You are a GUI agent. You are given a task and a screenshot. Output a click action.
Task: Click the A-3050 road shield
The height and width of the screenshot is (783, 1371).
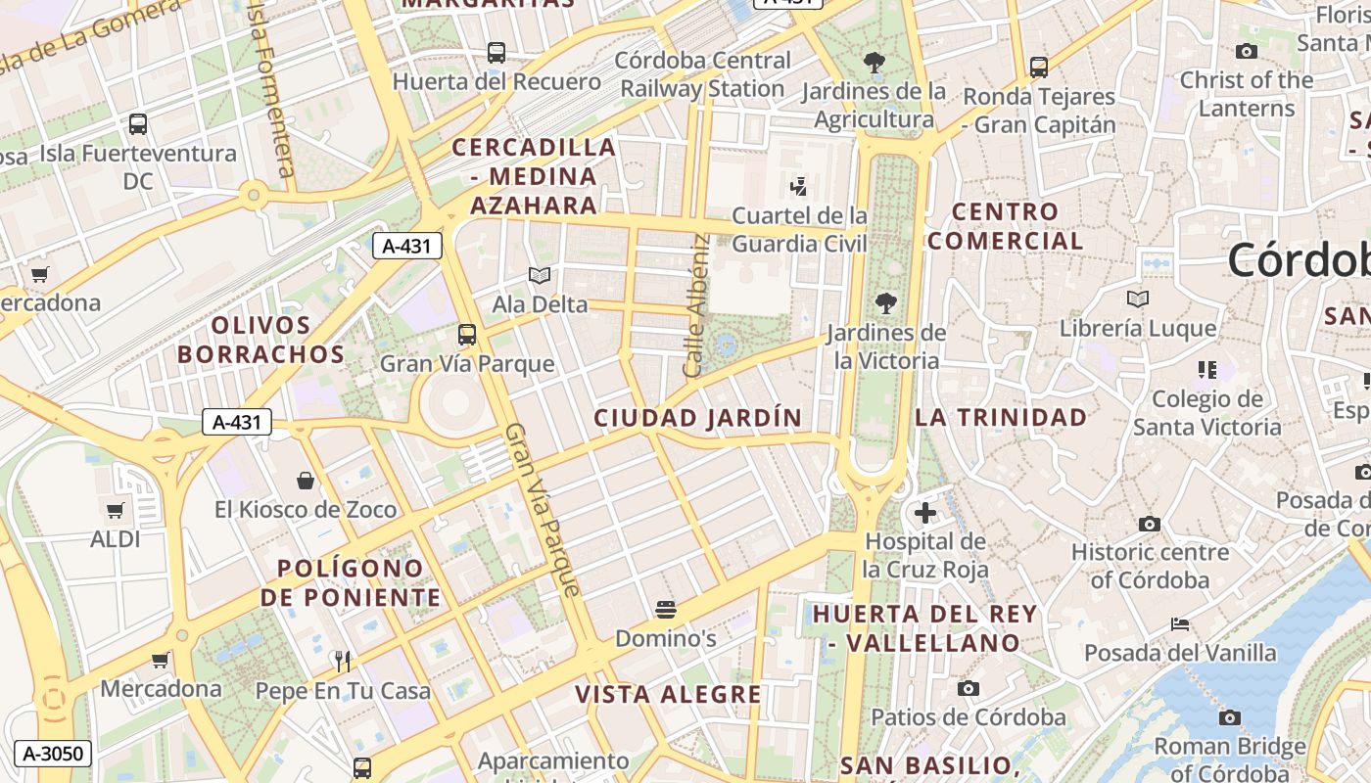point(54,754)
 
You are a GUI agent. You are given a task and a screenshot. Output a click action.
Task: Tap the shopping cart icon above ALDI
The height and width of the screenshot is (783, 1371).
point(116,510)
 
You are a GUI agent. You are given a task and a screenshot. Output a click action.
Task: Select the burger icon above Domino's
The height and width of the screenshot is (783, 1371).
point(666,611)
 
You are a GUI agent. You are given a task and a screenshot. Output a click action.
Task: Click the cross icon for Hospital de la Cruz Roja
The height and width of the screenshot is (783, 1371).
point(924,512)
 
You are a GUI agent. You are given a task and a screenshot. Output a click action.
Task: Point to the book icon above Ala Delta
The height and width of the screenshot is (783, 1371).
point(540,276)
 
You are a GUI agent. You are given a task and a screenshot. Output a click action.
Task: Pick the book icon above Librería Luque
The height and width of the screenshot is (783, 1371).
point(1137,299)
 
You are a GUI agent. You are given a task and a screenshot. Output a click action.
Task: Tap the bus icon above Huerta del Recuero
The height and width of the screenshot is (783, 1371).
point(496,53)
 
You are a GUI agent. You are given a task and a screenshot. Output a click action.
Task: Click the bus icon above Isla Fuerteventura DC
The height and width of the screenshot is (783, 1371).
point(138,124)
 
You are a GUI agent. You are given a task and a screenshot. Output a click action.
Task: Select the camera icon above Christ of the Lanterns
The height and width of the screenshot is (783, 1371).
point(1247,51)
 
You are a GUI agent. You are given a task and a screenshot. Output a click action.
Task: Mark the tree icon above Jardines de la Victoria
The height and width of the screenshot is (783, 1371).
point(886,303)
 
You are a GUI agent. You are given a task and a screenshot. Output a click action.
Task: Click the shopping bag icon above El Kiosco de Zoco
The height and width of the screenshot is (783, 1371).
point(306,481)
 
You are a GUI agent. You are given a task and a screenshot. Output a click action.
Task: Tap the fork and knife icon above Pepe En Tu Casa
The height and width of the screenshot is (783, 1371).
point(342,662)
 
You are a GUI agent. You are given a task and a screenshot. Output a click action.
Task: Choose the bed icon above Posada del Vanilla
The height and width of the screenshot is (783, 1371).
point(1180,623)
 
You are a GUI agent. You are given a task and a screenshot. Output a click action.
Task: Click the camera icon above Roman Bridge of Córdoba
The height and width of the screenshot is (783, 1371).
point(1230,717)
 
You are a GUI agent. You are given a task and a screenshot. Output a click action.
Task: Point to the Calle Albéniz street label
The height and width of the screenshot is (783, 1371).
point(696,306)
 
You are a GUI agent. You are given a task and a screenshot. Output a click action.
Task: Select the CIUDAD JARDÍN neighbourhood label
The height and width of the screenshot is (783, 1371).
point(698,418)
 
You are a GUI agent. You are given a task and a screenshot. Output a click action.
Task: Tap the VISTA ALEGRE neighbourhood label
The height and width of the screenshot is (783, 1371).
point(668,695)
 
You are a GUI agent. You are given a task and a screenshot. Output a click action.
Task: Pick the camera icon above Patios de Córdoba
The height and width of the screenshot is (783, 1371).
point(968,689)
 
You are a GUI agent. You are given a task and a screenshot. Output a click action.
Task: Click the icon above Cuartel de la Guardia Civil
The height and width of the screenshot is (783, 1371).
point(799,186)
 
